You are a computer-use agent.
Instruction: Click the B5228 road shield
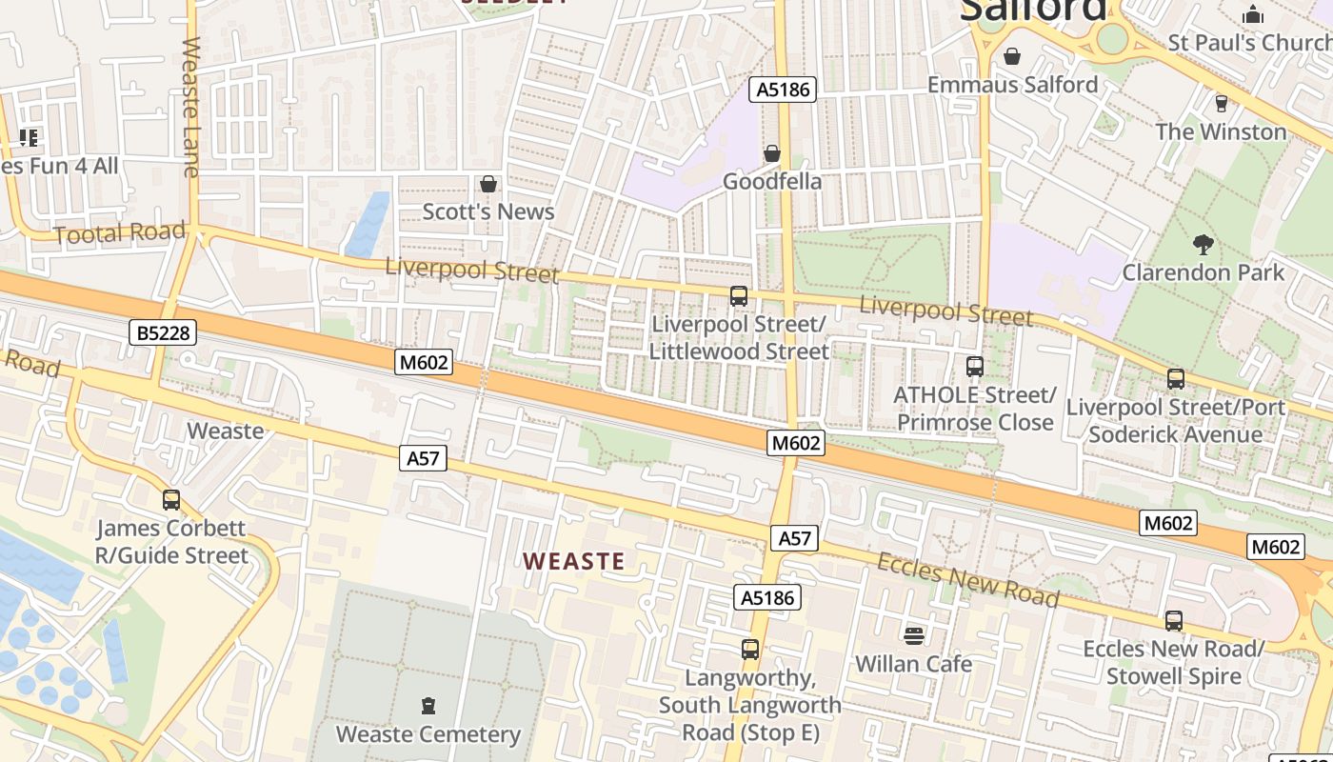pyautogui.click(x=163, y=332)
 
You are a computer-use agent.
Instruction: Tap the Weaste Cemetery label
pyautogui.click(x=428, y=734)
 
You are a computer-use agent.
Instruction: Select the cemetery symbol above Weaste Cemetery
pyautogui.click(x=428, y=706)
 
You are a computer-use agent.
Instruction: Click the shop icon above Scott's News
pyautogui.click(x=488, y=183)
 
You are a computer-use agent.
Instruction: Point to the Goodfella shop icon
pyautogui.click(x=772, y=153)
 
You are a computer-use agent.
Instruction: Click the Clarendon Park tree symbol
pyautogui.click(x=1204, y=244)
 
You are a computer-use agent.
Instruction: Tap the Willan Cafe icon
pyautogui.click(x=914, y=635)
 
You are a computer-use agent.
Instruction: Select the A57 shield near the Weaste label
pyautogui.click(x=423, y=458)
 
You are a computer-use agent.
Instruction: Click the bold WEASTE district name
pyautogui.click(x=574, y=561)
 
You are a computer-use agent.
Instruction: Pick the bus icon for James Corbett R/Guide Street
pyautogui.click(x=171, y=499)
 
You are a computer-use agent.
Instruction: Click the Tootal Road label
pyautogui.click(x=120, y=233)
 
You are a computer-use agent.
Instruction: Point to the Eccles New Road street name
pyautogui.click(x=967, y=579)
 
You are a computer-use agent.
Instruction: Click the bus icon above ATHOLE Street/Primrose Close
pyautogui.click(x=974, y=367)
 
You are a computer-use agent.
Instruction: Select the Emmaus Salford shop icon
pyautogui.click(x=1011, y=56)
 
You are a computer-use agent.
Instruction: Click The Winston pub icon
pyautogui.click(x=1221, y=103)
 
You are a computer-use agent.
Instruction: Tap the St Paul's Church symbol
pyautogui.click(x=1253, y=14)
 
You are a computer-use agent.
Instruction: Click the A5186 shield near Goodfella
pyautogui.click(x=783, y=90)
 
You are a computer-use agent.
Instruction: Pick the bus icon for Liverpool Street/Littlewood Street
pyautogui.click(x=738, y=295)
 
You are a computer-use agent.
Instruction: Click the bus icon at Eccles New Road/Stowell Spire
pyautogui.click(x=1173, y=620)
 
